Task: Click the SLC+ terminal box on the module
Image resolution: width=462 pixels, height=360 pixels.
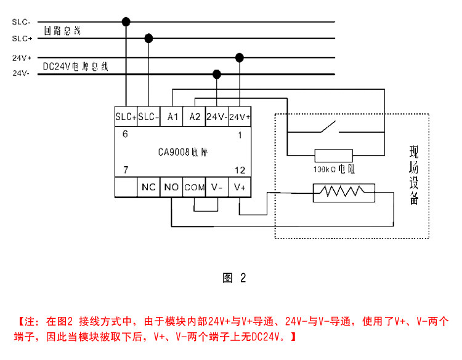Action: click(126, 116)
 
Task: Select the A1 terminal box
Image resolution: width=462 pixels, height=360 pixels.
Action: click(172, 116)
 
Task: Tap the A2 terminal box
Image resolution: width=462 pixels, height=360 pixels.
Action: click(195, 116)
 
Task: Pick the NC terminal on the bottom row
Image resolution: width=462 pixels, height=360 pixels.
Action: click(148, 187)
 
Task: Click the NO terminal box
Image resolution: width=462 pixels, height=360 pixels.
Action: click(171, 187)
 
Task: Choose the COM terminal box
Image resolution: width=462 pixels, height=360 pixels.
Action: click(194, 187)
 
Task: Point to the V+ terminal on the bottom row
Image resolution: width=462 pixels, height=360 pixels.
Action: click(240, 187)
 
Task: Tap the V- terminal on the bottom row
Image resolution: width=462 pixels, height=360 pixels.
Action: click(217, 187)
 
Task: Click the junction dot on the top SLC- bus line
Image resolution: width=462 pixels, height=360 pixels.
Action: click(126, 22)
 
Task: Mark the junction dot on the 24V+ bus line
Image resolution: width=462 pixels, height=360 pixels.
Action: click(240, 58)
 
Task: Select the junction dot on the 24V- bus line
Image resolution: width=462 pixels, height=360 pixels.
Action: click(217, 74)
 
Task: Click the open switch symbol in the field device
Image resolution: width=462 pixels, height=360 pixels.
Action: click(326, 130)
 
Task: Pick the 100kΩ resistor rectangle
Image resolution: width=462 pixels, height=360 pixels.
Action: click(333, 155)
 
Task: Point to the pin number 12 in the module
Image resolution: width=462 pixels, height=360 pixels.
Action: click(240, 169)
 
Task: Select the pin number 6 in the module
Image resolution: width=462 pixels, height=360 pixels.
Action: click(125, 134)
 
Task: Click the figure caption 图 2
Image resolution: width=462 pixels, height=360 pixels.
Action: click(233, 278)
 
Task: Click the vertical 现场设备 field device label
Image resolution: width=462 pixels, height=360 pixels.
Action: click(414, 175)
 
